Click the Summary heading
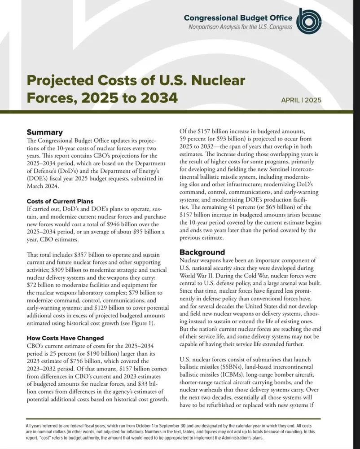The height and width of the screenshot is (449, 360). click(45, 132)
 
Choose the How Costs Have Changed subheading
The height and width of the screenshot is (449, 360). click(65, 338)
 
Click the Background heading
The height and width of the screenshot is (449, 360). click(202, 252)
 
